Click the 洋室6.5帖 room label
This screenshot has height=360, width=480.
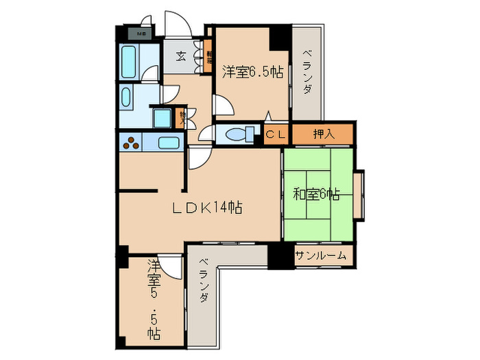[x=253, y=70]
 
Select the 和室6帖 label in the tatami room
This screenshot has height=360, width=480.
[x=316, y=194]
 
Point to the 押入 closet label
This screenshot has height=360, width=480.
[x=324, y=134]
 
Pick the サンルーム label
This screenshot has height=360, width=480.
[x=321, y=256]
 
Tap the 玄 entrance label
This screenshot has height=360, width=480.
[x=180, y=56]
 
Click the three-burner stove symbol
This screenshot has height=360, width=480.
[x=132, y=143]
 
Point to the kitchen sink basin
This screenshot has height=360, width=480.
[x=167, y=143]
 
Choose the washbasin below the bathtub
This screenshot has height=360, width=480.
[x=128, y=97]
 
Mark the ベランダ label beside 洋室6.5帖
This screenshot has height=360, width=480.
[x=308, y=72]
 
